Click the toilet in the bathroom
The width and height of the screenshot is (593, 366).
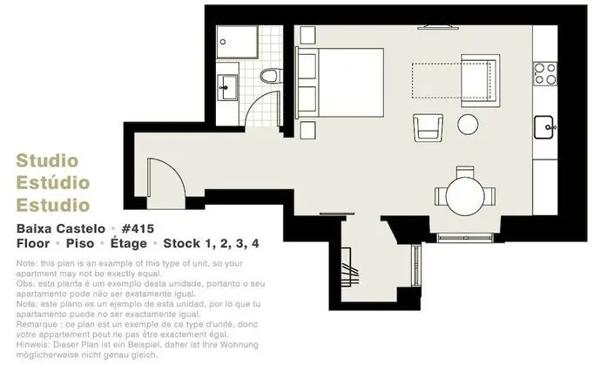pyautogui.click(x=270, y=76)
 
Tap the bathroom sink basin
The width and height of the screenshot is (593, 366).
pyautogui.click(x=227, y=87)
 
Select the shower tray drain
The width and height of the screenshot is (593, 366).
pyautogui.click(x=223, y=42)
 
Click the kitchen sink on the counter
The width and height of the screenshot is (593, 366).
pyautogui.click(x=544, y=127)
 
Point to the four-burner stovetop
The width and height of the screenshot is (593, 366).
pyautogui.click(x=545, y=74)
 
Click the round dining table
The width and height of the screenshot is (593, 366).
pyautogui.click(x=465, y=196)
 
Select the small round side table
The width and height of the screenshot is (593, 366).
pyautogui.click(x=468, y=124)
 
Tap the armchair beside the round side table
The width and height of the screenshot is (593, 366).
pyautogui.click(x=428, y=127)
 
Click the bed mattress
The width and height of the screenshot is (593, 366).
pyautogui.click(x=351, y=83)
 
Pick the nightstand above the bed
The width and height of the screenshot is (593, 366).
pyautogui.click(x=307, y=35)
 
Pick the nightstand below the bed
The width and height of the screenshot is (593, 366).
pyautogui.click(x=307, y=130)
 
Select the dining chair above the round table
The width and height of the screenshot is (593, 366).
pyautogui.click(x=465, y=172)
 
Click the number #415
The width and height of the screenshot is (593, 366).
pyautogui.click(x=138, y=228)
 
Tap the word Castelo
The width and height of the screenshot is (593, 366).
pyautogui.click(x=81, y=228)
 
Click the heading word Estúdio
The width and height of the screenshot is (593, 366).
pyautogui.click(x=53, y=183)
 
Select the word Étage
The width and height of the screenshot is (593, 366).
pyautogui.click(x=129, y=243)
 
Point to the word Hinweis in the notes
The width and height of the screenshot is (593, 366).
pyautogui.click(x=32, y=345)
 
